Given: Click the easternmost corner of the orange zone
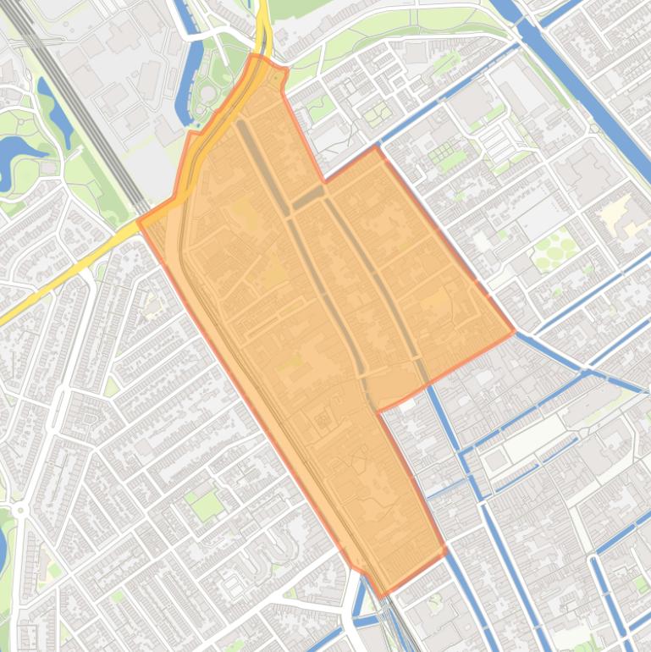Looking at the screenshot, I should pyautogui.click(x=514, y=331).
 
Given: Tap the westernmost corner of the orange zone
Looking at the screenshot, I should pyautogui.click(x=139, y=224).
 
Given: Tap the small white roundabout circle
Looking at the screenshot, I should pyautogui.click(x=19, y=510).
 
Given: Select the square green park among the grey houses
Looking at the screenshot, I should pyautogui.click(x=206, y=506).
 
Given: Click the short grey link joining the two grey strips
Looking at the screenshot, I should pyautogui.click(x=308, y=198).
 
